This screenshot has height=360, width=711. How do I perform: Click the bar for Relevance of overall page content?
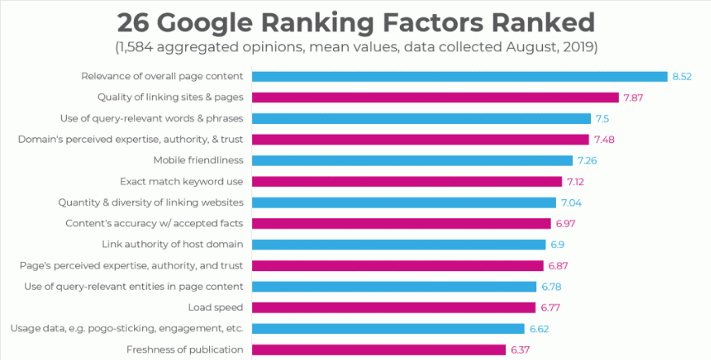tap(460, 77)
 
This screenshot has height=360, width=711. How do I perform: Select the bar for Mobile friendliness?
tap(412, 160)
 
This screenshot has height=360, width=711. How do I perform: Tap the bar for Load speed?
tap(393, 308)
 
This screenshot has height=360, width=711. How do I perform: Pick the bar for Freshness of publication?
tap(379, 350)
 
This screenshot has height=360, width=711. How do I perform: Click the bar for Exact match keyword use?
tap(407, 181)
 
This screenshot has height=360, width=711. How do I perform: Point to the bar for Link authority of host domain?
tap(398, 244)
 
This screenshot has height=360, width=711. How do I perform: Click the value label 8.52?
tap(682, 77)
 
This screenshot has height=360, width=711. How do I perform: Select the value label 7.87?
tap(633, 97)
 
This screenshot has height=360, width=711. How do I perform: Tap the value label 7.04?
tap(571, 202)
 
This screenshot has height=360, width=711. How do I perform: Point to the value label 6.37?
tap(521, 350)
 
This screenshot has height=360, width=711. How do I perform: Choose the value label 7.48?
tap(604, 140)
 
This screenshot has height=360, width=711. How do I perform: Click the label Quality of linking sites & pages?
tap(170, 97)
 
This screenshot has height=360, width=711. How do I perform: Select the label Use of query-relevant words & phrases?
tap(152, 118)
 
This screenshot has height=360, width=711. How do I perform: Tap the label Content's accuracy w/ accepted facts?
tap(154, 223)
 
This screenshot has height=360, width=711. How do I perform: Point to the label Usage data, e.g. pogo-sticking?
tap(127, 329)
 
